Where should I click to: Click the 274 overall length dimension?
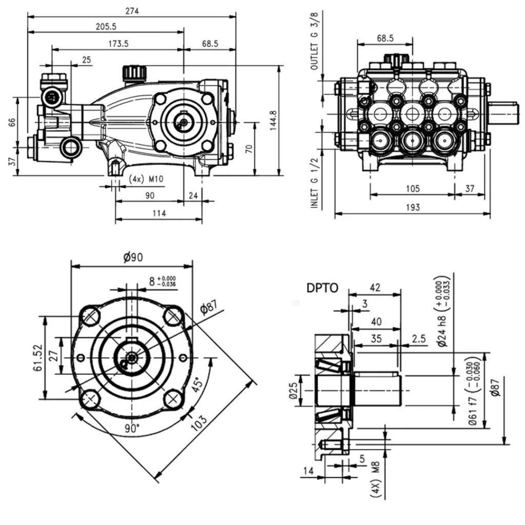(132, 11)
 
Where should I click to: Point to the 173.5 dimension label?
(118, 44)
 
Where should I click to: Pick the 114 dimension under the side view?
(159, 214)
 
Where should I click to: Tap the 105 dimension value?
(412, 189)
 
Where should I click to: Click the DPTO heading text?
(322, 288)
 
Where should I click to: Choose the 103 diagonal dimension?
(199, 420)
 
